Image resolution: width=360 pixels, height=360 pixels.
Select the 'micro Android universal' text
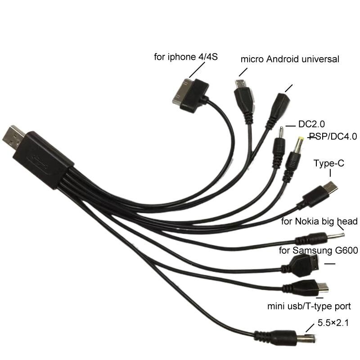point(290,59)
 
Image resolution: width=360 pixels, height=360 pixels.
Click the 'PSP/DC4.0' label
point(333,136)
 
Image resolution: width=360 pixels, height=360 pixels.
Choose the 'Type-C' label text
point(329,163)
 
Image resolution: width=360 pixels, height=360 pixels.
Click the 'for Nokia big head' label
point(319,221)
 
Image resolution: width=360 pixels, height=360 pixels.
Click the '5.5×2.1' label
point(333,322)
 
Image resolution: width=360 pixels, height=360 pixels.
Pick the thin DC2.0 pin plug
point(279,144)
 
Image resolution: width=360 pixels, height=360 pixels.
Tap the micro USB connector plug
point(243,94)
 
